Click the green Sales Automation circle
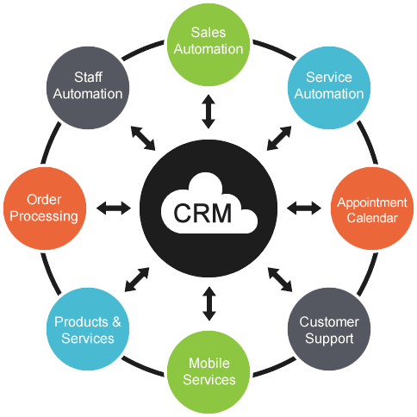coord(208,41)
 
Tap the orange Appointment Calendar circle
coord(367,209)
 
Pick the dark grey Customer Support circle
coord(328,330)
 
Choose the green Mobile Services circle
coord(208,371)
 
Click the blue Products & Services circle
coord(84,330)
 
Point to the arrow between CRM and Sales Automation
coord(208,112)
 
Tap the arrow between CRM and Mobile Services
coord(208,303)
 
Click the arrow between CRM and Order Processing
coord(113,208)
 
